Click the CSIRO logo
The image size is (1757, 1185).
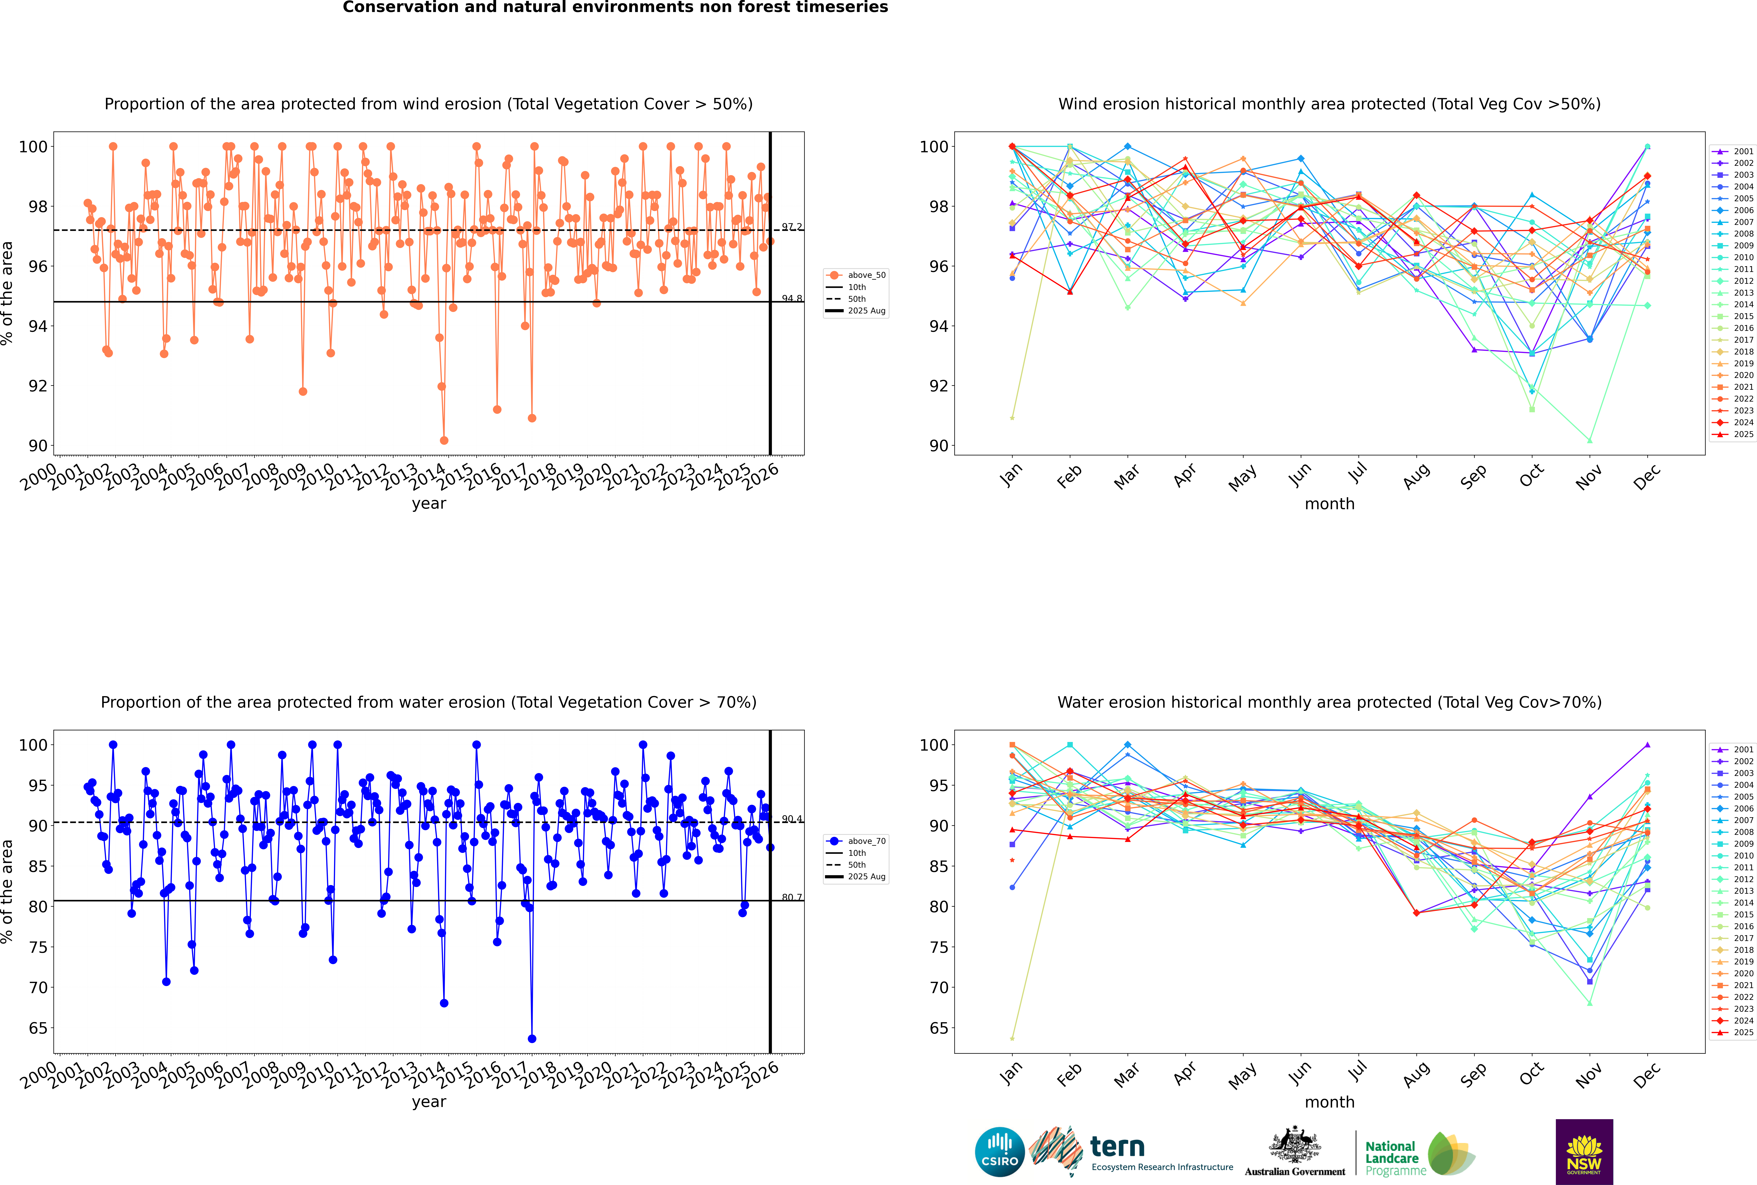point(999,1152)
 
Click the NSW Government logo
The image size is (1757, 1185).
point(1584,1151)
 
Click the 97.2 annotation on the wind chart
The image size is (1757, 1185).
point(792,227)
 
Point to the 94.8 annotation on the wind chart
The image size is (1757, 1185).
point(792,299)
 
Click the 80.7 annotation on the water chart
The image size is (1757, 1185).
point(792,897)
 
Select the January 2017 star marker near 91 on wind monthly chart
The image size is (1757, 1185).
point(1012,418)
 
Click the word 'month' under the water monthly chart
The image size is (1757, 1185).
point(1329,1102)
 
